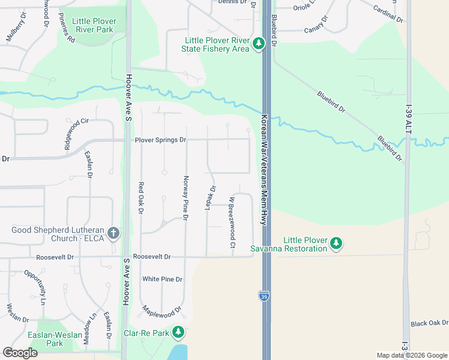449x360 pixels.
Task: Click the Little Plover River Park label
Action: click(92, 25)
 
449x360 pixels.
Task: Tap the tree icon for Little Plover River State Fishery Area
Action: click(259, 43)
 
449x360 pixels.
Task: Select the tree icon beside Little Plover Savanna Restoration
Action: click(337, 243)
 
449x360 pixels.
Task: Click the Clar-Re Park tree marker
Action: click(178, 332)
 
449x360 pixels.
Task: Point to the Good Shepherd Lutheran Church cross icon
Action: click(113, 233)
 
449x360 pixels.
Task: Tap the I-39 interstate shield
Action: click(264, 295)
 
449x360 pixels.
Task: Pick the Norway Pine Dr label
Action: click(185, 198)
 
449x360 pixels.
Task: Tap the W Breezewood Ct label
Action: click(232, 223)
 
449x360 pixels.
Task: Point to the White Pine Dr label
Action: click(162, 279)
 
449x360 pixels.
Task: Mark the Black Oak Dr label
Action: click(429, 323)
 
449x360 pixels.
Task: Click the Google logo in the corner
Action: click(20, 353)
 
